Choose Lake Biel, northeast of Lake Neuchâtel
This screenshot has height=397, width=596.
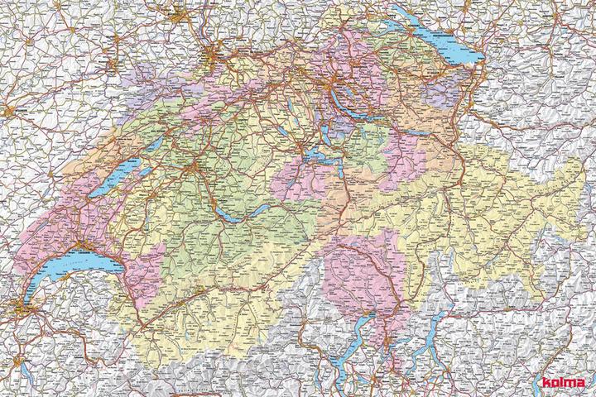(x=149, y=146)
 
